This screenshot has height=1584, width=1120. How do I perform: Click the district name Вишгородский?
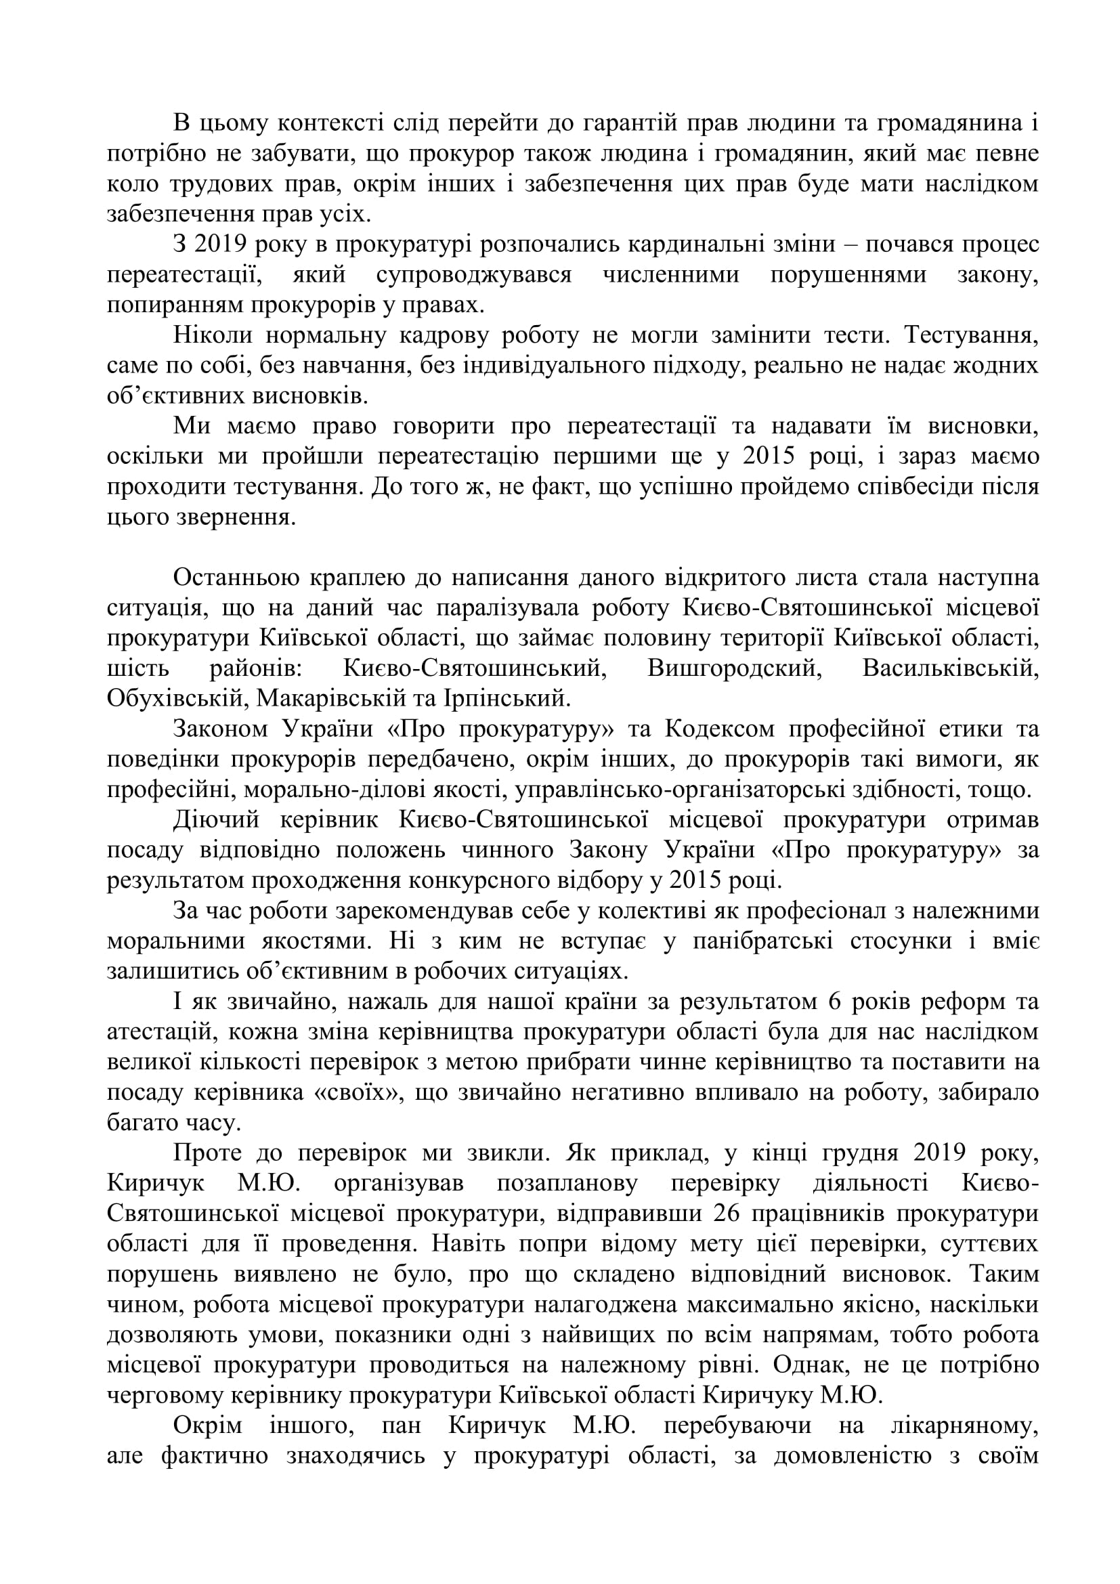(x=732, y=668)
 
